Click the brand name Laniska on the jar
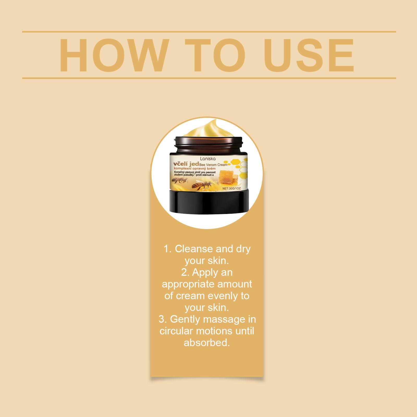point(207,158)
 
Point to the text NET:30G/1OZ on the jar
point(233,188)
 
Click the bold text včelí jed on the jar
point(186,164)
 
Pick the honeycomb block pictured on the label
point(229,177)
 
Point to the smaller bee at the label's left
point(177,178)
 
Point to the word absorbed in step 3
point(207,342)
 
